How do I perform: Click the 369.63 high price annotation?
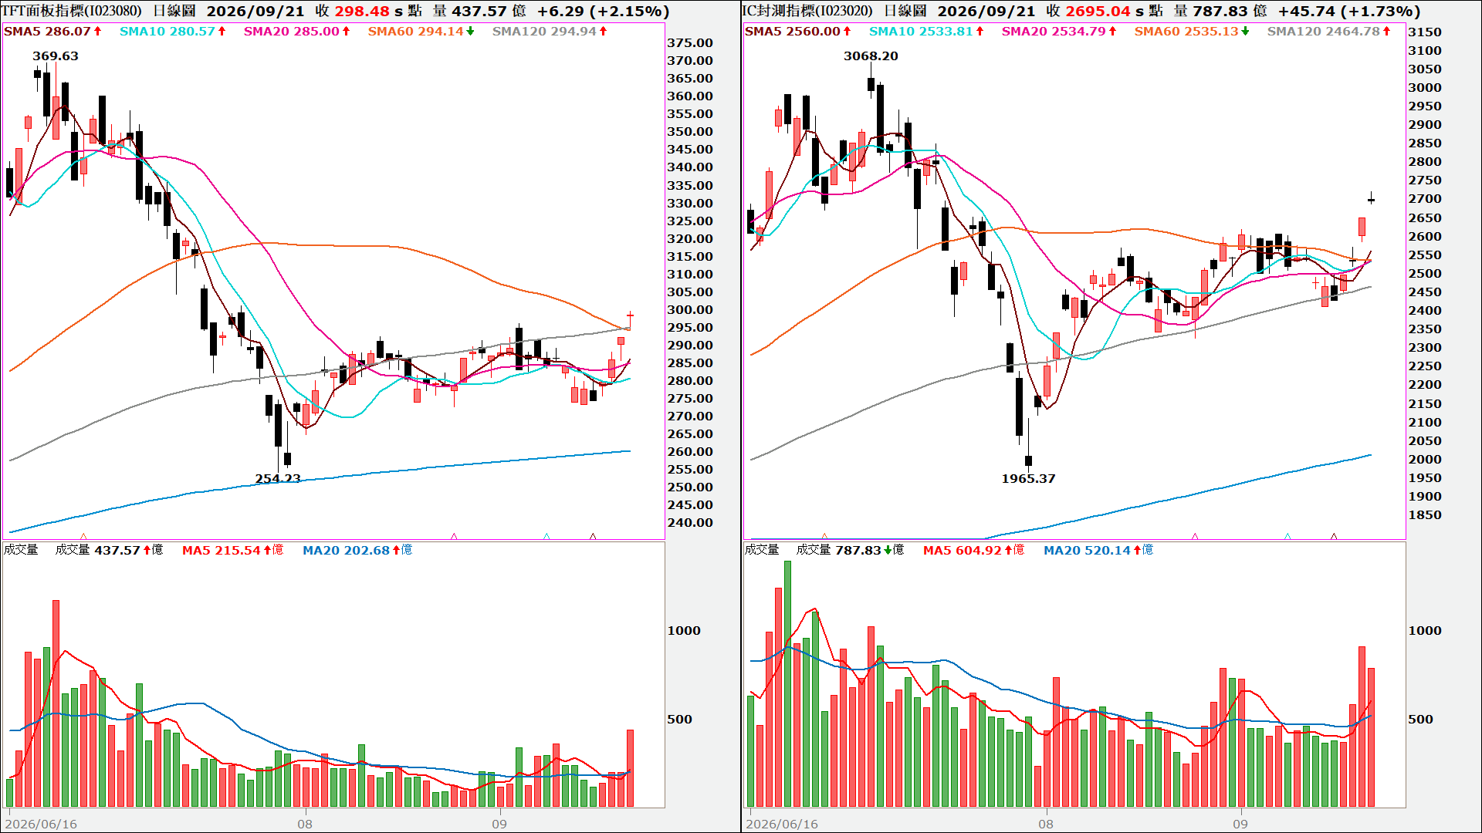tap(56, 56)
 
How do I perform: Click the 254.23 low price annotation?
tap(278, 479)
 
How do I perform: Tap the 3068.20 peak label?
tap(871, 56)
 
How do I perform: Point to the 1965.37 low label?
tap(1028, 479)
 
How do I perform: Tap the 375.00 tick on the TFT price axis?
tap(690, 43)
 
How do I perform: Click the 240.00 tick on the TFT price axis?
tap(690, 523)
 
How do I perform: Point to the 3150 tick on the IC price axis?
tap(1425, 32)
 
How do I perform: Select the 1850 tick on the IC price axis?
tap(1425, 515)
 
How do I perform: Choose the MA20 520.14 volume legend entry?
tap(1098, 551)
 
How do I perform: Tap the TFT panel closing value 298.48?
tap(362, 12)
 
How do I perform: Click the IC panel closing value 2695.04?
tap(1098, 12)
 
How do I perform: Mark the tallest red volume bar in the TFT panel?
tap(56, 703)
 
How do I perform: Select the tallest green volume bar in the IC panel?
tap(787, 684)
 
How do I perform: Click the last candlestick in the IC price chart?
tap(1371, 200)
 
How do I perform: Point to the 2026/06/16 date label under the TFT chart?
tap(41, 825)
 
